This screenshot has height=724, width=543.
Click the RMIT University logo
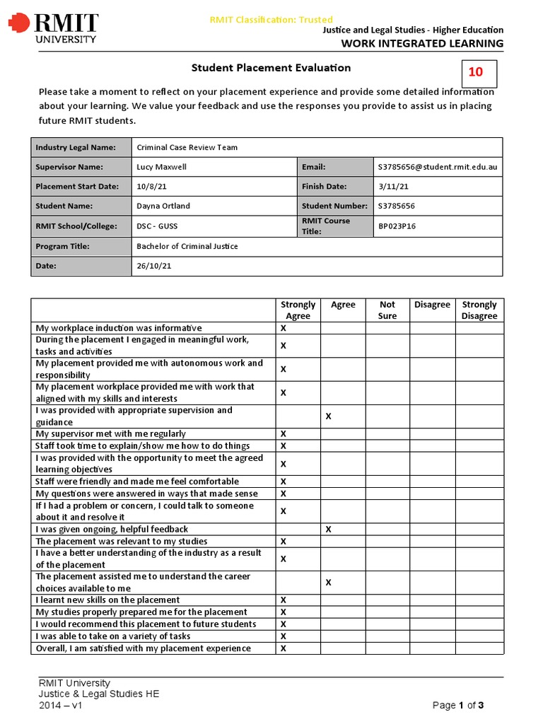(x=53, y=28)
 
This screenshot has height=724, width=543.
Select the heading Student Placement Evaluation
(x=271, y=68)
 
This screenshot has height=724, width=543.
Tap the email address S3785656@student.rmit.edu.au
(x=437, y=167)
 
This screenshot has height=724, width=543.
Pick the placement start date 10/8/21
(x=151, y=187)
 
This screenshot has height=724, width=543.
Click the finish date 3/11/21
(x=394, y=187)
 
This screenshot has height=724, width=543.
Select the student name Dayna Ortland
(x=163, y=206)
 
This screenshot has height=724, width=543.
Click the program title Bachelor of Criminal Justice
(x=187, y=246)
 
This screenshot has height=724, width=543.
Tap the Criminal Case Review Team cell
(x=187, y=147)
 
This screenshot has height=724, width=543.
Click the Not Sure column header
(x=387, y=310)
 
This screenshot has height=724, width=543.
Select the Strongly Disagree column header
(x=479, y=310)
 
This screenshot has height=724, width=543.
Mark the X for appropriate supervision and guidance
(x=328, y=416)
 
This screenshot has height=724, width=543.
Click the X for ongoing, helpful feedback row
(x=328, y=529)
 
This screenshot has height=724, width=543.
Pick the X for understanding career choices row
(x=328, y=583)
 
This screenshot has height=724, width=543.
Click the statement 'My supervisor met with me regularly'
(x=111, y=433)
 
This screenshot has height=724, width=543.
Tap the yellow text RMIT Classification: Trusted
(x=271, y=20)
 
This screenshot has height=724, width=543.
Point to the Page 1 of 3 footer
(x=458, y=705)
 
